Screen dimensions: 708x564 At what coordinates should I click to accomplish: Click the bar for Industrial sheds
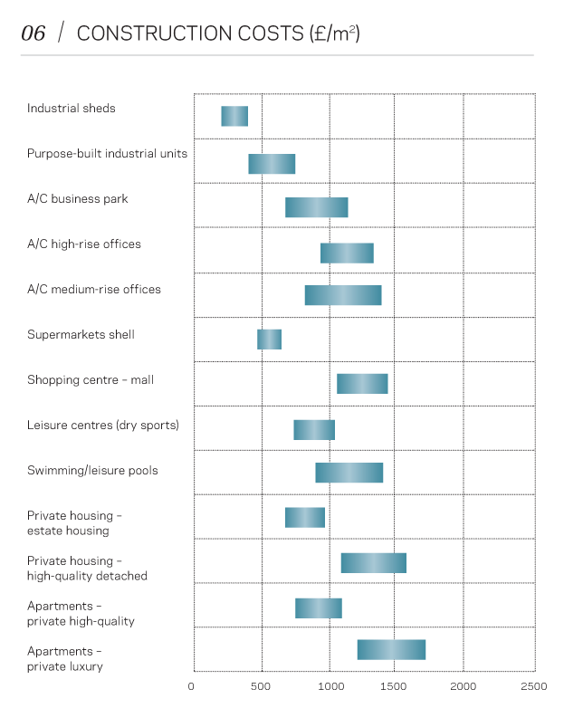click(x=234, y=116)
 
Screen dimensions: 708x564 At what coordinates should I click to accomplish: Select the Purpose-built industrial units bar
click(x=272, y=164)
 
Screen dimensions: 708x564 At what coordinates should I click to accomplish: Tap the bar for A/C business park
click(x=316, y=207)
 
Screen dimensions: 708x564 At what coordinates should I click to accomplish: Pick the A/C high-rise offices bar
click(x=347, y=254)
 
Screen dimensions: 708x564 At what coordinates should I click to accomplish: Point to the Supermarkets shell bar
click(x=269, y=340)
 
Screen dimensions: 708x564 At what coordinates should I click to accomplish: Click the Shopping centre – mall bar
click(x=362, y=384)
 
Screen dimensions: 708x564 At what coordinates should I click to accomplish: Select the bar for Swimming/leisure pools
click(x=349, y=473)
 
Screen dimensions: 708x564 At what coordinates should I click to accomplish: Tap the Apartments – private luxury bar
click(x=391, y=650)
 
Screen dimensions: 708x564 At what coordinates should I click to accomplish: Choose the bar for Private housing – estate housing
click(x=305, y=518)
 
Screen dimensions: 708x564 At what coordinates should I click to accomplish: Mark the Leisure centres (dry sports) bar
click(x=314, y=430)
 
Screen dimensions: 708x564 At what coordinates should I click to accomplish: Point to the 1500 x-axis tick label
click(x=394, y=686)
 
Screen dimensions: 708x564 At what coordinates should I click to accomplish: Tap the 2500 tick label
click(x=534, y=686)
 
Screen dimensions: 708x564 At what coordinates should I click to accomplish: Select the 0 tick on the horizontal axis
click(x=192, y=686)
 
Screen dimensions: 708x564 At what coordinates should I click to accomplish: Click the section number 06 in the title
click(x=33, y=34)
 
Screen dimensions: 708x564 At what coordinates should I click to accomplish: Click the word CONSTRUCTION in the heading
click(x=135, y=34)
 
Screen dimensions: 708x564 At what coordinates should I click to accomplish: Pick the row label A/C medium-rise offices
click(x=94, y=290)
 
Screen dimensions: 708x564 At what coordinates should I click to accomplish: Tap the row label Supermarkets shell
click(x=81, y=335)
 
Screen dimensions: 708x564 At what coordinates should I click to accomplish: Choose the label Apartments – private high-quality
click(x=81, y=614)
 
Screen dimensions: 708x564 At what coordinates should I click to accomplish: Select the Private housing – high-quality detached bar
click(x=373, y=563)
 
